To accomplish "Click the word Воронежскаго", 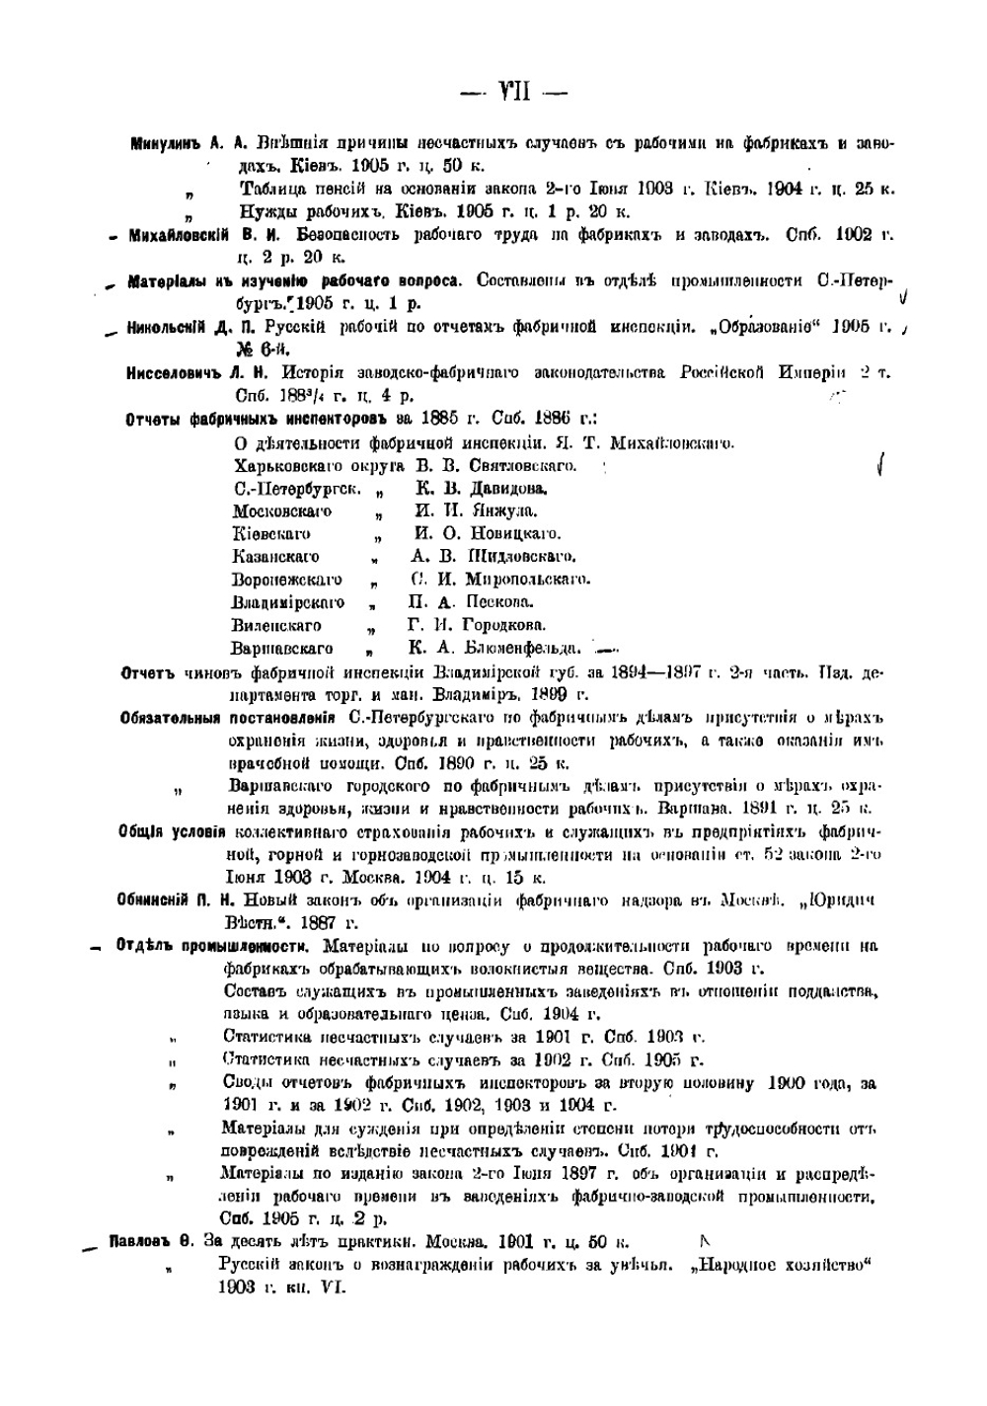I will click(x=286, y=580).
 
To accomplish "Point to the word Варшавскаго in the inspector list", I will click(x=281, y=649).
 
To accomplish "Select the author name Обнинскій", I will click(x=162, y=900).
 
